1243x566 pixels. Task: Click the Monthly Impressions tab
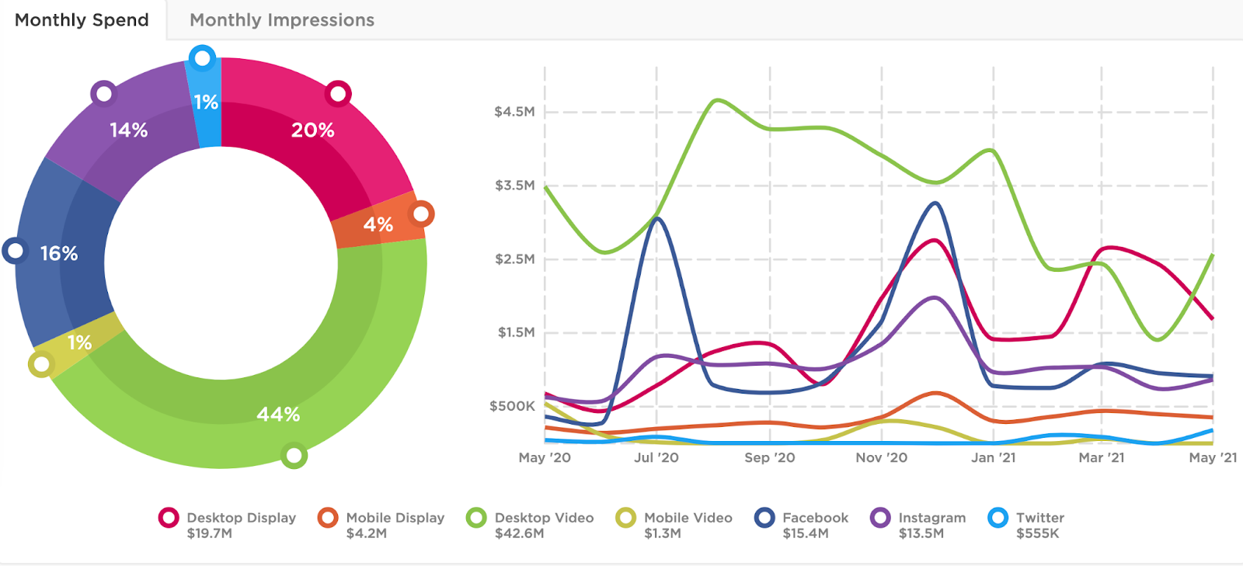[281, 20]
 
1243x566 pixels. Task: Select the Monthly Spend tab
[82, 20]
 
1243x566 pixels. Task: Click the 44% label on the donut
[278, 415]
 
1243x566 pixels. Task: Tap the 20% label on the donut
[312, 130]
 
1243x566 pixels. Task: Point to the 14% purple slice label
[128, 130]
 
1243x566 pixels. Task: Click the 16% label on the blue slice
[59, 254]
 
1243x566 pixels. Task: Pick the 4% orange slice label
[378, 225]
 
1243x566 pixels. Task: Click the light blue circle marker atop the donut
[202, 58]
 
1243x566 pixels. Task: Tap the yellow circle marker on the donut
[41, 364]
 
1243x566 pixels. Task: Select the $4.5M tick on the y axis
[514, 112]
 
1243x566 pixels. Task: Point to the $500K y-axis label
[512, 406]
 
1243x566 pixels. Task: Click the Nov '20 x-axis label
[881, 458]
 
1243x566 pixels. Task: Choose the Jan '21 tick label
[993, 458]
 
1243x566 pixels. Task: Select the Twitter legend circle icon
[998, 517]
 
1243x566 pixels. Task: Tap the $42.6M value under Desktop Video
[519, 533]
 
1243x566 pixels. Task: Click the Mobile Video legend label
[688, 518]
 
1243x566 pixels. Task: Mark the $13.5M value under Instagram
[921, 533]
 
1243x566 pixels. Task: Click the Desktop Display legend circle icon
[169, 517]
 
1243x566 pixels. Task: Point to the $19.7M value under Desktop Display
[209, 533]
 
